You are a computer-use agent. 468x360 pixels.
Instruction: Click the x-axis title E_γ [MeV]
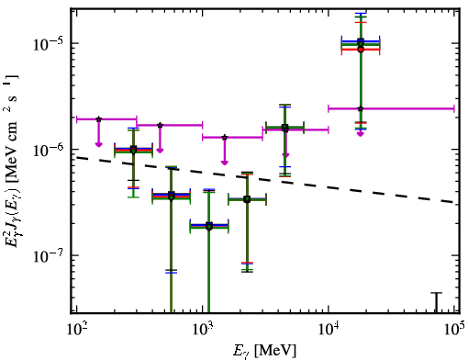click(x=264, y=350)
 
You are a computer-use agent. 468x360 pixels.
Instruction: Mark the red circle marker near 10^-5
click(x=361, y=50)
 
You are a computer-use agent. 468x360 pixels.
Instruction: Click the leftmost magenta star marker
click(x=98, y=119)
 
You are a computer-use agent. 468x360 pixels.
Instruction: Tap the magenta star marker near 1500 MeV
click(x=225, y=137)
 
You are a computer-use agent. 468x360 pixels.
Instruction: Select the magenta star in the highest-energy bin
click(x=361, y=108)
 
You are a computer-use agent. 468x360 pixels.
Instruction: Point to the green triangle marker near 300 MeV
click(x=133, y=151)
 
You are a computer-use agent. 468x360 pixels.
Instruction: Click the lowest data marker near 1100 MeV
click(x=209, y=227)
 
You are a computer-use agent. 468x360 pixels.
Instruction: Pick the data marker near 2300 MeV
click(x=247, y=199)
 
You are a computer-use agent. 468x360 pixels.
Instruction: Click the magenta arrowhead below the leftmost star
click(x=98, y=144)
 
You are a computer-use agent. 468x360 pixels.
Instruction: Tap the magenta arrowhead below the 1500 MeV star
click(x=225, y=163)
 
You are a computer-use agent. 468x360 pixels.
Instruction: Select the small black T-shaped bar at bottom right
click(x=437, y=302)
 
